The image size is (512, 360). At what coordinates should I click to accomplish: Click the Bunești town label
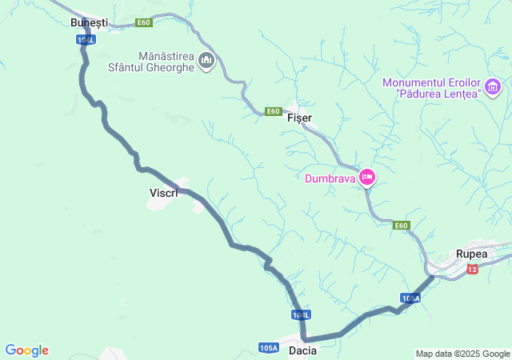point(88,22)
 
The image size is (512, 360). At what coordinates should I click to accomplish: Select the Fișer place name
point(299,118)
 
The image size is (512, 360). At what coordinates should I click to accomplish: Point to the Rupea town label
point(471,254)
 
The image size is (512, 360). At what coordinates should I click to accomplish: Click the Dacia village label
point(302,350)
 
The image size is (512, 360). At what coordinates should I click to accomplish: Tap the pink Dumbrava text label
point(330,178)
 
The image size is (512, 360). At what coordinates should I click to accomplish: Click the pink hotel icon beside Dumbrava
point(367,177)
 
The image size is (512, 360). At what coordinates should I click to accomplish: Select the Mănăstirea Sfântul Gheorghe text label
point(150,62)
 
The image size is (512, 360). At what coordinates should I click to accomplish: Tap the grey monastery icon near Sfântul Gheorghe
point(206,61)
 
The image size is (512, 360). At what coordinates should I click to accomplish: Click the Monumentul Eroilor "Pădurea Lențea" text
point(432,87)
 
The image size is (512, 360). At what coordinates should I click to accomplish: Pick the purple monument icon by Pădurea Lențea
point(493,86)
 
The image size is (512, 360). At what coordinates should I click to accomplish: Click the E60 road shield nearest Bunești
point(144,22)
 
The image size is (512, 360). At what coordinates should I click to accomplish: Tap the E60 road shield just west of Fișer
point(274,111)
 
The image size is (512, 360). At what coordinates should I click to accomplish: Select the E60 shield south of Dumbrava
point(402,226)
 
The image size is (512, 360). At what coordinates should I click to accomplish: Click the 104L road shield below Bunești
point(86,39)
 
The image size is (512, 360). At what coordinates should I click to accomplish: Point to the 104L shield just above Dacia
point(301,315)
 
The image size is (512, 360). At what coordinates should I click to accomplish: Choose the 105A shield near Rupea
point(410,298)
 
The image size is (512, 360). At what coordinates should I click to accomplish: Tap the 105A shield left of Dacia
point(269,348)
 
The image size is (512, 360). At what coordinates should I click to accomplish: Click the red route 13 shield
point(472,269)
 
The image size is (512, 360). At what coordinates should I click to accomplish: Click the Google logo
point(27,350)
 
